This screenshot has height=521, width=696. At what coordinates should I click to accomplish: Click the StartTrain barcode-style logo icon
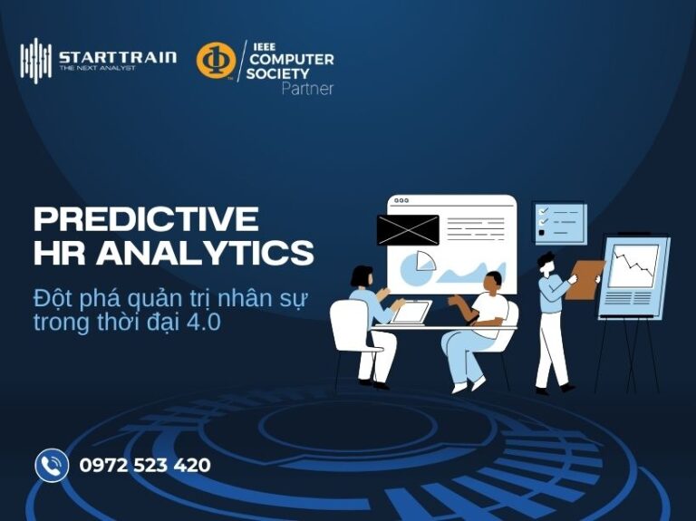(x=35, y=60)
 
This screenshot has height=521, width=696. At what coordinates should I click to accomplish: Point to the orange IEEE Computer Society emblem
(x=216, y=60)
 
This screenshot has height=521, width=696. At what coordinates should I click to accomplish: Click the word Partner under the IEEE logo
(x=307, y=89)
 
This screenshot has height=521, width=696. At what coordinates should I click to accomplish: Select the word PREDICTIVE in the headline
(x=146, y=219)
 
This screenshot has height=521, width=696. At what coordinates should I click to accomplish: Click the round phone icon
(x=52, y=466)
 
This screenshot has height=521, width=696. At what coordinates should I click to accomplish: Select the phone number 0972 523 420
(x=145, y=466)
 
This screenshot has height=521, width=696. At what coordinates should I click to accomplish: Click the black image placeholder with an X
(x=408, y=230)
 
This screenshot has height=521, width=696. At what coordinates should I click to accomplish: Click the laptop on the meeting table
(x=411, y=313)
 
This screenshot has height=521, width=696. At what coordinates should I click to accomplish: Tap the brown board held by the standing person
(x=585, y=278)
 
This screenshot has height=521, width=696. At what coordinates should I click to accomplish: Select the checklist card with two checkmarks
(x=560, y=222)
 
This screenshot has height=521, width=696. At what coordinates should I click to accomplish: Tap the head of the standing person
(x=546, y=261)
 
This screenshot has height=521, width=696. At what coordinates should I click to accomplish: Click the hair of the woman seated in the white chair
(x=362, y=275)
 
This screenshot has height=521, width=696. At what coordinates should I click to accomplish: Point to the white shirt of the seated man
(x=490, y=308)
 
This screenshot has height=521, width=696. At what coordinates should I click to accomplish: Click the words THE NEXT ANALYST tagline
(x=97, y=68)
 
